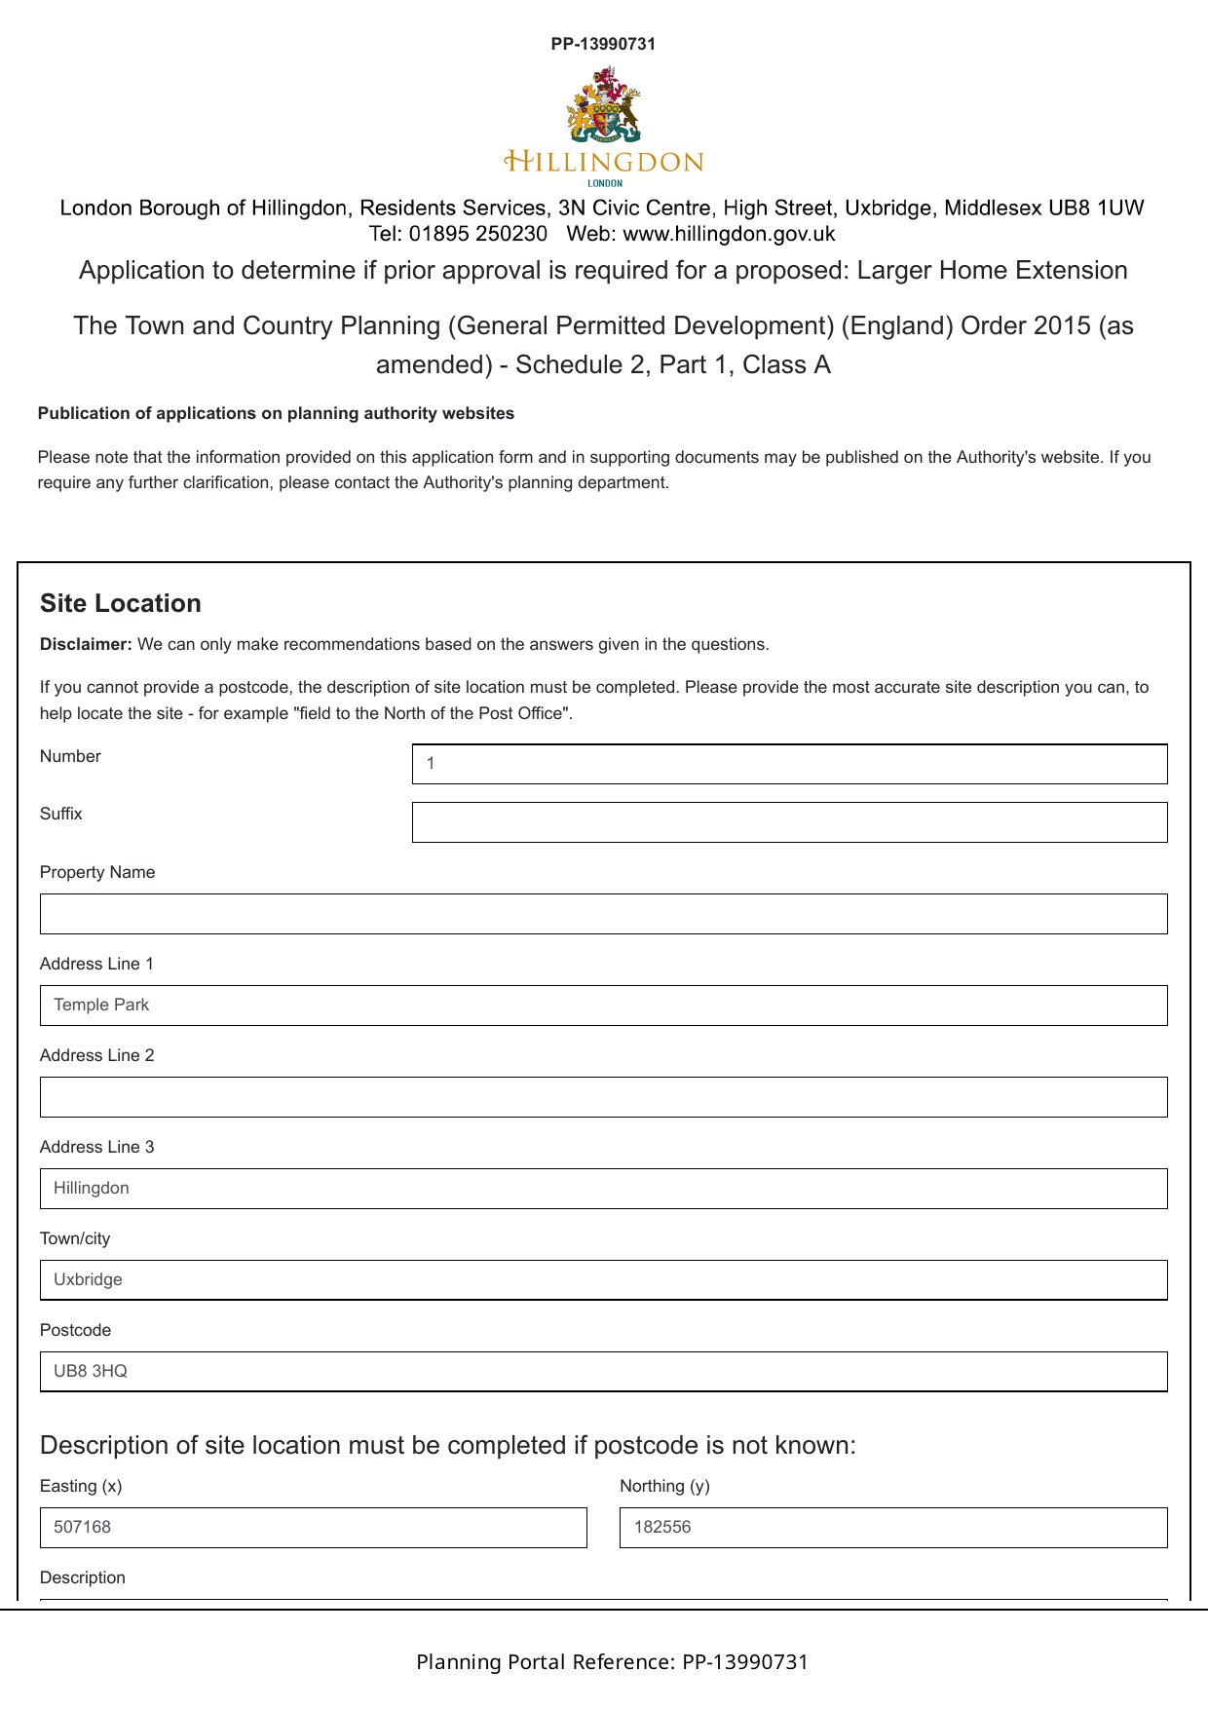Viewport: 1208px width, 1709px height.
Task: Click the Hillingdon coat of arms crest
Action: tap(603, 105)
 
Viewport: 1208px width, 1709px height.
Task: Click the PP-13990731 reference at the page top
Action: tap(603, 44)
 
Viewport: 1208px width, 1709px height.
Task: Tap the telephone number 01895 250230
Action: tap(477, 234)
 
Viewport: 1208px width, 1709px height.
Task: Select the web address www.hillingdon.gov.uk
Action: tap(729, 234)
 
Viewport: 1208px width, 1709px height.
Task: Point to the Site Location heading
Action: tap(121, 603)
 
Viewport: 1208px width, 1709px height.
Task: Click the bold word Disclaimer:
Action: tap(86, 644)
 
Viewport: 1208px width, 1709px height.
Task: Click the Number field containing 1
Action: tap(789, 764)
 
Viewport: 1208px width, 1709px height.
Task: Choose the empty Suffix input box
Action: tap(789, 822)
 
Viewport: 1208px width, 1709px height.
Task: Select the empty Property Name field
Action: tap(603, 914)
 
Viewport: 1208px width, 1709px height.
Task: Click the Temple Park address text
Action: tap(101, 1005)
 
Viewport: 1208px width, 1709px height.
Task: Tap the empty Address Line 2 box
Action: tap(603, 1097)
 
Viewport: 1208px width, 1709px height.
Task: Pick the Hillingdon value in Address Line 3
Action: tap(92, 1188)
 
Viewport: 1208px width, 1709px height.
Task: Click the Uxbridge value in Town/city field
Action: tap(88, 1279)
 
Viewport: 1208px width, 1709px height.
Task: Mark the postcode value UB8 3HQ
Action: tap(91, 1371)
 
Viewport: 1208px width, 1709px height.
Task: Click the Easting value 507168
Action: tap(83, 1527)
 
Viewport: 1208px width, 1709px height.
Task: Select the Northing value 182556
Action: tap(662, 1527)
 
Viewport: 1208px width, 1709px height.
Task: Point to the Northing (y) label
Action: tap(664, 1486)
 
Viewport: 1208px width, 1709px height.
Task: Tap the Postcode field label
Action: tap(75, 1330)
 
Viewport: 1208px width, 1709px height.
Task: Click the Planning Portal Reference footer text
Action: tap(612, 1661)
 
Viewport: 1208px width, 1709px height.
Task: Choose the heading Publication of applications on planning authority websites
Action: tap(276, 413)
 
